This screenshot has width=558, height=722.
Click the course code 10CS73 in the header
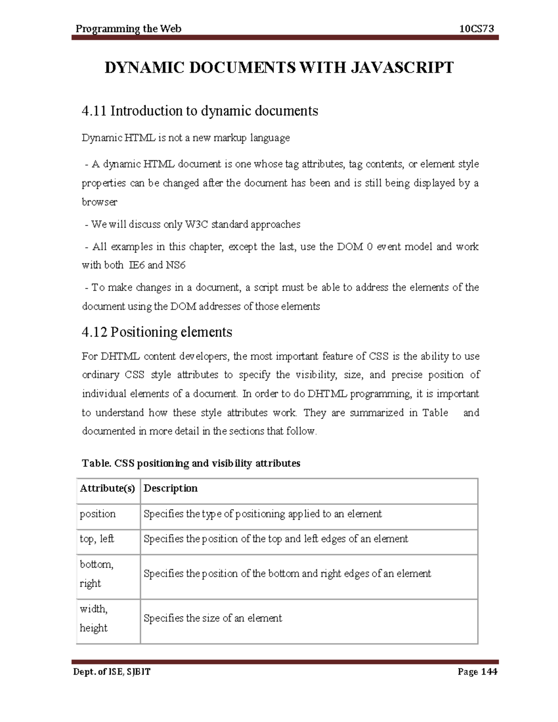pos(476,29)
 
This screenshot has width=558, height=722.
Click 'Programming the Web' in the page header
pos(128,29)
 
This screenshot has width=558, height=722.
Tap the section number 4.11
pos(94,111)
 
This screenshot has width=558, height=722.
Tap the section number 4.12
pos(94,332)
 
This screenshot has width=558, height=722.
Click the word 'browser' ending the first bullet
pos(100,202)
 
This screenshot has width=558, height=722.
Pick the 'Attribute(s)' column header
pos(107,488)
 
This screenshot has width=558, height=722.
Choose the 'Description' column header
pos(171,488)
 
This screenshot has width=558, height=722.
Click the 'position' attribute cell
pos(98,514)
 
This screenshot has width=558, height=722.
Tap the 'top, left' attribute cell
pos(97,539)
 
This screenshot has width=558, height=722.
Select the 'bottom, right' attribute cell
pos(96,574)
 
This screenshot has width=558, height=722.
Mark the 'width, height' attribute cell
pos(94,618)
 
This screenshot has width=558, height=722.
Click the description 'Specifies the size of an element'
pos(213,618)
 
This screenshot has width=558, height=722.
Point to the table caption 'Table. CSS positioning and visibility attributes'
pos(191,464)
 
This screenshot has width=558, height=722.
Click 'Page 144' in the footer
pos(477,672)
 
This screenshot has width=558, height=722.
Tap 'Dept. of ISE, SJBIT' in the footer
pos(111,672)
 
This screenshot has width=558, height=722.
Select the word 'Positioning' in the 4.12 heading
pos(143,332)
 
